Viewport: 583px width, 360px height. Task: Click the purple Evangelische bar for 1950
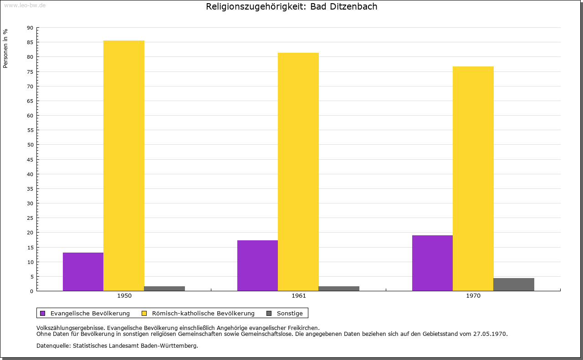pyautogui.click(x=83, y=272)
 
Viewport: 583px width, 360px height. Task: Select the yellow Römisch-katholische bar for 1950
pyautogui.click(x=124, y=166)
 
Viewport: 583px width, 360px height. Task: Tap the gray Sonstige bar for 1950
pyautogui.click(x=164, y=289)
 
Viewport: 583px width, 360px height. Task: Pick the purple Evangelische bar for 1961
pyautogui.click(x=257, y=265)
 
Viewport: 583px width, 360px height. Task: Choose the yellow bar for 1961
pyautogui.click(x=298, y=172)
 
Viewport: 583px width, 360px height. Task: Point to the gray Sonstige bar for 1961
pyautogui.click(x=339, y=289)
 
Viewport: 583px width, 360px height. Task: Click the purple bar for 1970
pyautogui.click(x=432, y=263)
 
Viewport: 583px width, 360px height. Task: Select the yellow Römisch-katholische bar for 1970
pyautogui.click(x=473, y=179)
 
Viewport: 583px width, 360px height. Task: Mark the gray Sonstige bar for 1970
pyautogui.click(x=514, y=284)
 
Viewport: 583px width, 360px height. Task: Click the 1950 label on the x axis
pyautogui.click(x=124, y=296)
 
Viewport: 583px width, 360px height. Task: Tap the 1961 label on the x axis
pyautogui.click(x=299, y=296)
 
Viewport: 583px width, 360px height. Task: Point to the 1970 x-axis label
pyautogui.click(x=473, y=296)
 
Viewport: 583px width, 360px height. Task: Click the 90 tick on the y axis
pyautogui.click(x=30, y=28)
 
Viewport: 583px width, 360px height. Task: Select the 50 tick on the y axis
pyautogui.click(x=30, y=145)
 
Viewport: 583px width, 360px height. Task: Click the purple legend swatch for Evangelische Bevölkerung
pyautogui.click(x=43, y=313)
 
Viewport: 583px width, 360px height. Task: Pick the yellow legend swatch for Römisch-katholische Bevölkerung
pyautogui.click(x=144, y=313)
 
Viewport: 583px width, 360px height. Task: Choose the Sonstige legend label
pyautogui.click(x=290, y=313)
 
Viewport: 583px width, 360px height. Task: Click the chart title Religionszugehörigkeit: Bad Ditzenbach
pyautogui.click(x=291, y=7)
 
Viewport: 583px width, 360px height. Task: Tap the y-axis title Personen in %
pyautogui.click(x=5, y=48)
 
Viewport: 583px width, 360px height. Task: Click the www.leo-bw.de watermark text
pyautogui.click(x=25, y=5)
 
